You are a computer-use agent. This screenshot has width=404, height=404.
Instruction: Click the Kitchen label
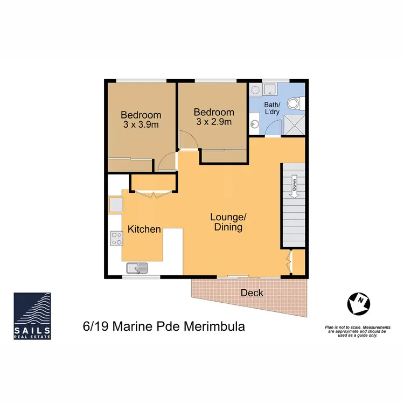(x=144, y=229)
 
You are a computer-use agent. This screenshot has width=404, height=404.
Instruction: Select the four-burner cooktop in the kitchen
(x=116, y=238)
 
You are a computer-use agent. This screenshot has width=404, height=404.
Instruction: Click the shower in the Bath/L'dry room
(x=295, y=126)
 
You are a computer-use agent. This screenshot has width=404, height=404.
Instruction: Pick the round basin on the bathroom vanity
(x=254, y=124)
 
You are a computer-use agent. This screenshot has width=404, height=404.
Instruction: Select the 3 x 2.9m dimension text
(x=214, y=122)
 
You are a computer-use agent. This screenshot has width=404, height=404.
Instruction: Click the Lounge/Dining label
(x=228, y=222)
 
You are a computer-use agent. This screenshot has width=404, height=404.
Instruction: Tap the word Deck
(x=252, y=292)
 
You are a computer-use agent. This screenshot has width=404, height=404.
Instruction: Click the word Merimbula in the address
(x=218, y=327)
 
